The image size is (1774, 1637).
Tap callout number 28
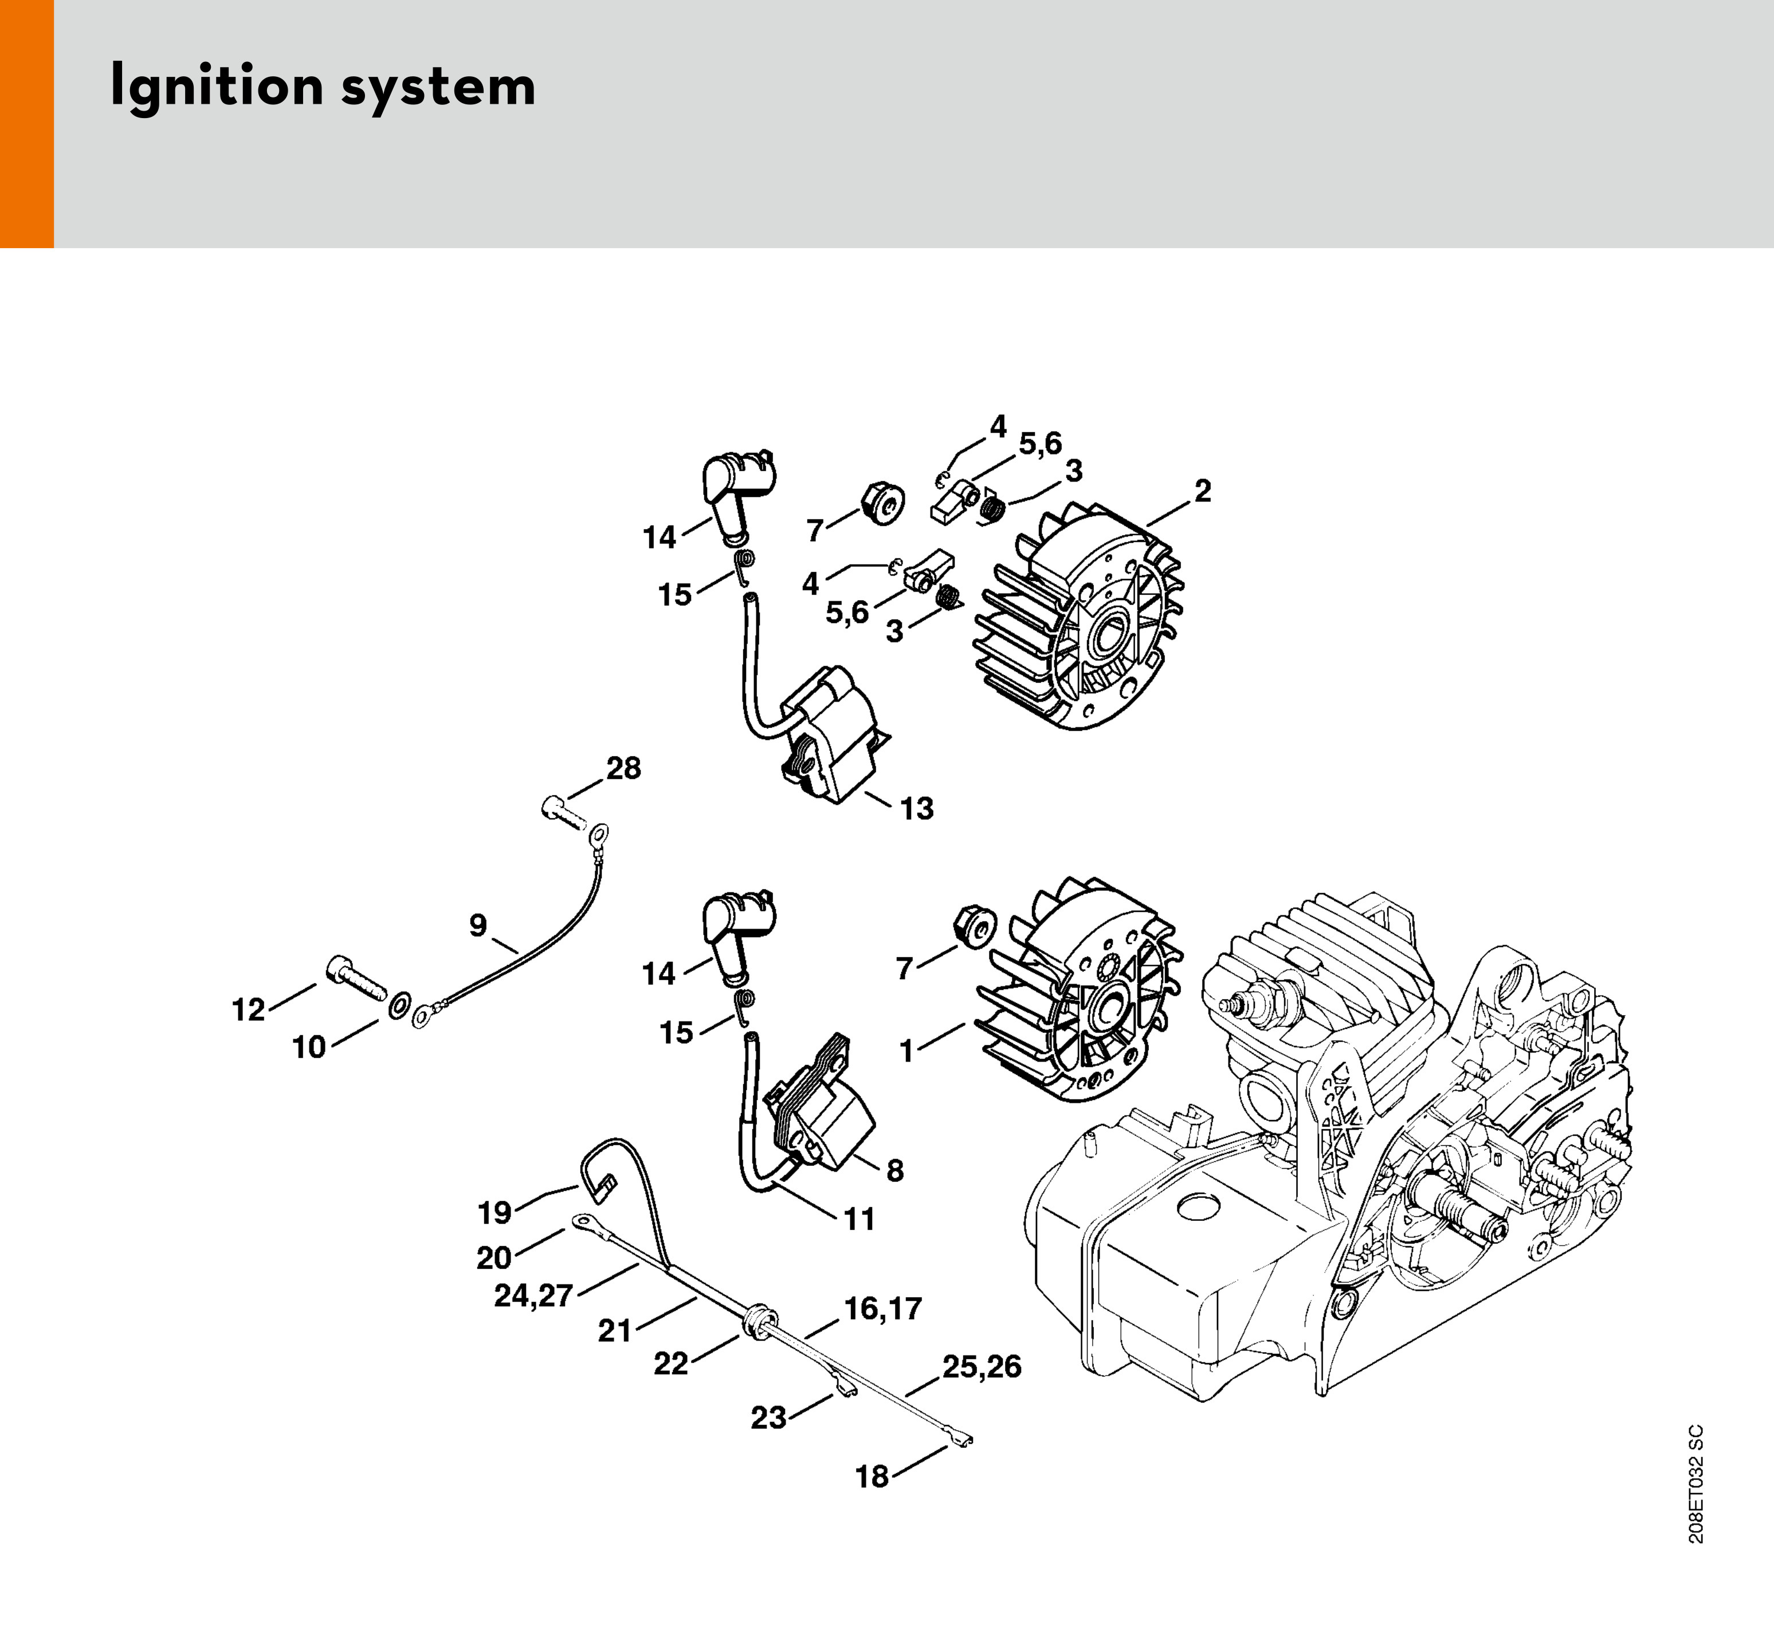click(623, 768)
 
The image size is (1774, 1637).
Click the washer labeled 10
click(399, 1004)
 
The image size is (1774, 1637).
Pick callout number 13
click(917, 808)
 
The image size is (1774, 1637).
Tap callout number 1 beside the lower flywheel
click(906, 1051)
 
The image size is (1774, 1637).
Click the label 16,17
click(883, 1309)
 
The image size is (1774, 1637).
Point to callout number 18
click(872, 1477)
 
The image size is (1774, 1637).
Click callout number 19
click(494, 1212)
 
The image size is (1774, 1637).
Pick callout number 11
click(859, 1220)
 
